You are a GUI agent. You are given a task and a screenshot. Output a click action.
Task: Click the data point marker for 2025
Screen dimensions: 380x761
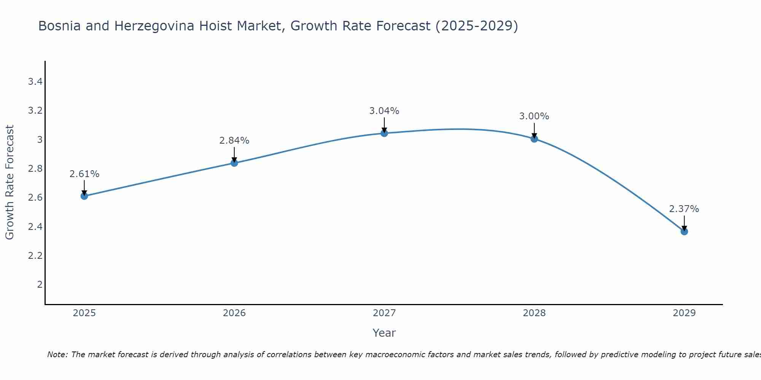(x=84, y=196)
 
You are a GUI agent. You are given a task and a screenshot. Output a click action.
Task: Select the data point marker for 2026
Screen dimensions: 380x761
(x=234, y=163)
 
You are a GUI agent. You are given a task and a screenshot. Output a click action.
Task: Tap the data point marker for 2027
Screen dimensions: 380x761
(x=384, y=133)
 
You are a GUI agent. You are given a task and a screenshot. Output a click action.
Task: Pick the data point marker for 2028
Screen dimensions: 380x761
(x=534, y=139)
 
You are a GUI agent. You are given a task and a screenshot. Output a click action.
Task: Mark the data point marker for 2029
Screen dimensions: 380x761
(x=684, y=231)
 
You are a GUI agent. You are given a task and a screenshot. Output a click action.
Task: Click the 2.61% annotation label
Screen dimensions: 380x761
(x=84, y=174)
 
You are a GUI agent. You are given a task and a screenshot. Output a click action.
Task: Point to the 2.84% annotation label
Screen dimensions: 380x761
(x=234, y=141)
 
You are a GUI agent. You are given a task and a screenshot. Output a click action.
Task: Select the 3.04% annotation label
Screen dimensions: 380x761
(x=384, y=111)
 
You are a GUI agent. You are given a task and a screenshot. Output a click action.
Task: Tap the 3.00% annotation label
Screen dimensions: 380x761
(x=534, y=116)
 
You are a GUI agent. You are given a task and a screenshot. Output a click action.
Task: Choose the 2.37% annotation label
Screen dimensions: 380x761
(x=684, y=209)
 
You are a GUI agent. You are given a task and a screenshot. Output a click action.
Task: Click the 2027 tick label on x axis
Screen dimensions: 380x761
(x=384, y=313)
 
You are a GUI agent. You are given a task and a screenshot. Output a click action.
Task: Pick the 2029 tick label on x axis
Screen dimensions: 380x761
(x=684, y=313)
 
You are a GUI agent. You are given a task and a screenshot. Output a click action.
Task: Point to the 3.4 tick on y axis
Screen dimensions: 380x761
(x=35, y=82)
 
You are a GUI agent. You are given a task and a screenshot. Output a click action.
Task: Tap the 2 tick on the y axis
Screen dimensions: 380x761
(x=40, y=285)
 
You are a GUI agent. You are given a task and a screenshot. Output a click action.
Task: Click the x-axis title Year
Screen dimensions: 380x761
(x=384, y=333)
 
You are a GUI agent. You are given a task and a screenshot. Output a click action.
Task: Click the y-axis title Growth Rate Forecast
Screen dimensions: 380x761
(x=10, y=182)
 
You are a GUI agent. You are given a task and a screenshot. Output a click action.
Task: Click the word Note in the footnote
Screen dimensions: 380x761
(x=57, y=355)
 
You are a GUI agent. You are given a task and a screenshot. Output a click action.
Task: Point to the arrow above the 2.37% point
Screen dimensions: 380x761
(x=684, y=223)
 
